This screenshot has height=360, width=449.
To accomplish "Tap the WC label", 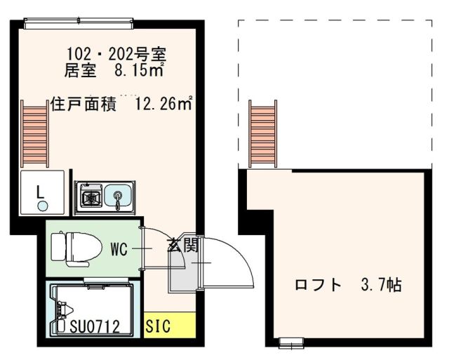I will pos(119,248).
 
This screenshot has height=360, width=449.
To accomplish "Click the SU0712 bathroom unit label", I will pos(94,326).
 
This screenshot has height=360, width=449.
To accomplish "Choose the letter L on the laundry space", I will pos(41,189).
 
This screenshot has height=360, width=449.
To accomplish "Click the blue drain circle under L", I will pos(42,205).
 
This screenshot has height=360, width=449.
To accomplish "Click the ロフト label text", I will pos(319,286).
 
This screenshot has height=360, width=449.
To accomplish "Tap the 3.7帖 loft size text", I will pos(381,286).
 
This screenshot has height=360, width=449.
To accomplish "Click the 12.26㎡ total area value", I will pos(163,105).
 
